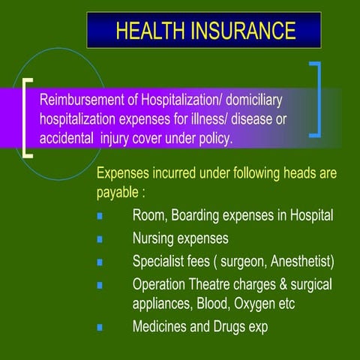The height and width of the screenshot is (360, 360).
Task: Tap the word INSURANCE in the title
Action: [247, 31]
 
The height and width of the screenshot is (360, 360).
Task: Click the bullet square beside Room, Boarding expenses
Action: [100, 216]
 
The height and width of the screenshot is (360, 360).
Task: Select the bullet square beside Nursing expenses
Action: [100, 239]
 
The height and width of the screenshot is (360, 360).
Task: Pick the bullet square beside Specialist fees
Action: [100, 262]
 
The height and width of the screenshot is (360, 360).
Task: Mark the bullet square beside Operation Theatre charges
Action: [100, 286]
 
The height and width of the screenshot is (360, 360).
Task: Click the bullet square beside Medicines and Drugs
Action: [100, 328]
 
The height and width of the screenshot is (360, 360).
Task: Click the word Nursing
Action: [154, 239]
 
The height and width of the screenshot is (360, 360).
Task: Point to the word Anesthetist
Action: [297, 262]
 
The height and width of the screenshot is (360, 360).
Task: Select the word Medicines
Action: [161, 328]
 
